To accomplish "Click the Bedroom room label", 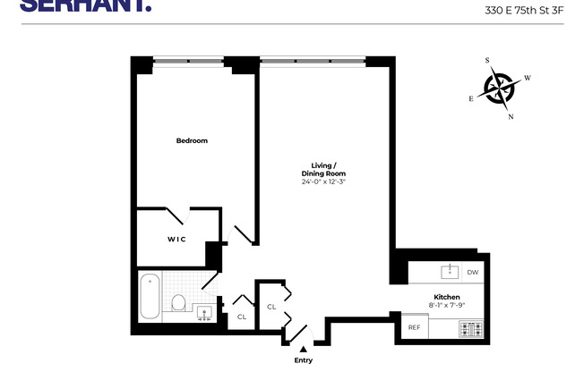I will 192,140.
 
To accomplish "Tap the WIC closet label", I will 176,239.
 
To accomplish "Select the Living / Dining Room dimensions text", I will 323,182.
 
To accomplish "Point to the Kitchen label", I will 447,297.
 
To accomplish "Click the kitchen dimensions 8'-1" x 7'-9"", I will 447,305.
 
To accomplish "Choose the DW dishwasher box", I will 472,272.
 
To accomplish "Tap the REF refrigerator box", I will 414,327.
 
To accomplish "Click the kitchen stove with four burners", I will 471,328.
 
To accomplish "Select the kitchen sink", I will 449,271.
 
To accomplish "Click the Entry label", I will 305,360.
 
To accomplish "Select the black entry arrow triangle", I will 305,350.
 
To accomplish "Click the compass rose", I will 502,88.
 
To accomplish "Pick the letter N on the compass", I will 511,116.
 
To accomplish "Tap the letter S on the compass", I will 488,61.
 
